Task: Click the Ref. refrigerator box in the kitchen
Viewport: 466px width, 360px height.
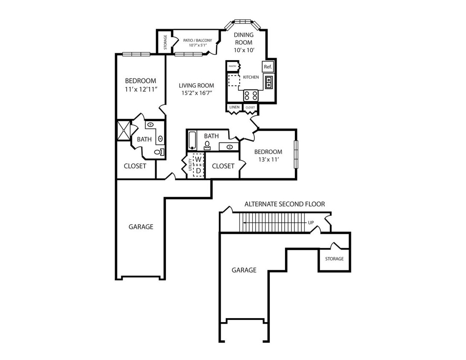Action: click(x=268, y=67)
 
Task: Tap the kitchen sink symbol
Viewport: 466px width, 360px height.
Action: click(x=269, y=82)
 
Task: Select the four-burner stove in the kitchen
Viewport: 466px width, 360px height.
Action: click(x=251, y=96)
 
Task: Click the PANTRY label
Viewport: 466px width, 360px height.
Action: click(x=233, y=66)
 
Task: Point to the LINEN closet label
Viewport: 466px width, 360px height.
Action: click(x=234, y=107)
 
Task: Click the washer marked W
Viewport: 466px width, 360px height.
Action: click(x=198, y=160)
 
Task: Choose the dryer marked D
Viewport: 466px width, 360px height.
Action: click(x=198, y=171)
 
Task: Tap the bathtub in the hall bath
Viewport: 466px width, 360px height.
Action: click(x=192, y=140)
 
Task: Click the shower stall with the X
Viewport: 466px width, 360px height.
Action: click(x=124, y=130)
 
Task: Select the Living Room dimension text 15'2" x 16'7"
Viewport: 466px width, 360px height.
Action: click(x=196, y=93)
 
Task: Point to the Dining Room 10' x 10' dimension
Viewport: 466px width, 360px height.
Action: click(x=244, y=50)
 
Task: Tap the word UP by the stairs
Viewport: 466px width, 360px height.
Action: click(x=311, y=223)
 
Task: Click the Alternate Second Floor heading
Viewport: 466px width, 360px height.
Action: click(x=285, y=204)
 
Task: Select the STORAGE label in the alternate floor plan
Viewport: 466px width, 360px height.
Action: click(x=334, y=259)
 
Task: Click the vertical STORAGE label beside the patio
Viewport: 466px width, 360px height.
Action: click(x=165, y=42)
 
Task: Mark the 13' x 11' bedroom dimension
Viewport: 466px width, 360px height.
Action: click(x=268, y=160)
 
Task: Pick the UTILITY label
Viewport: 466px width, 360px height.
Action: click(x=190, y=165)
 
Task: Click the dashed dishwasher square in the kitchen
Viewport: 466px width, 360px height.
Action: click(x=233, y=80)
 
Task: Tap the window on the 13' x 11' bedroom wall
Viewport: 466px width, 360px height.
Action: click(x=296, y=154)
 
